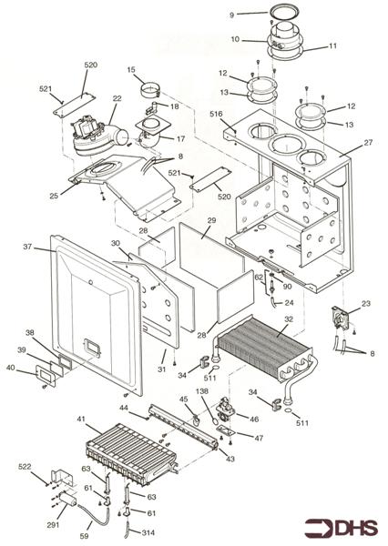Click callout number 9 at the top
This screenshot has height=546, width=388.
coord(231,15)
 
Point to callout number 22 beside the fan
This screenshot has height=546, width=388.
coord(117,98)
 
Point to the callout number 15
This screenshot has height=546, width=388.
coord(131,70)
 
